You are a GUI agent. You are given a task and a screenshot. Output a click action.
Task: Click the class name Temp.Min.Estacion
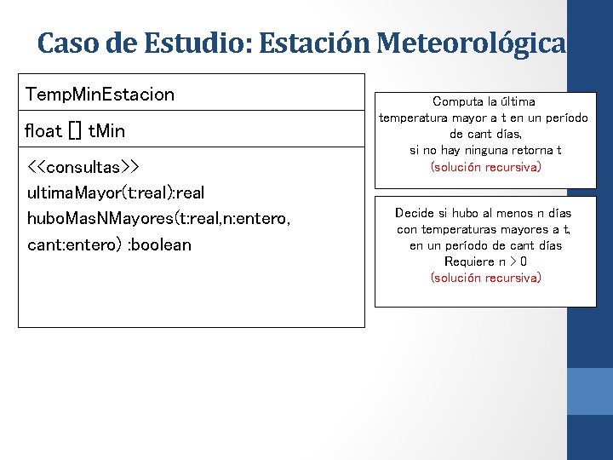[100, 94]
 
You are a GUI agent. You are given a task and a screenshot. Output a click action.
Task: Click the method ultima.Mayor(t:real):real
[116, 193]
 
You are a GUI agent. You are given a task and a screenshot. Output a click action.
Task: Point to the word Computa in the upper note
[460, 101]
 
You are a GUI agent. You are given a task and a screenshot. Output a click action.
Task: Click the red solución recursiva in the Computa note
[485, 167]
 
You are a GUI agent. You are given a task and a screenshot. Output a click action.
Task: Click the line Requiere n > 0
[485, 262]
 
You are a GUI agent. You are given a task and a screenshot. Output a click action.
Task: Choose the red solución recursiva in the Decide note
[485, 278]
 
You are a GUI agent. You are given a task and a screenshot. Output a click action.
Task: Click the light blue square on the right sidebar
[590, 391]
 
